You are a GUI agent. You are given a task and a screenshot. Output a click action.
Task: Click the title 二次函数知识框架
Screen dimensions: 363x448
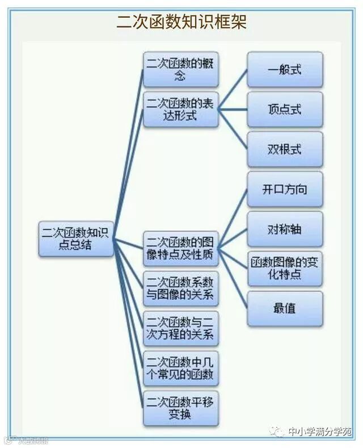point(181,22)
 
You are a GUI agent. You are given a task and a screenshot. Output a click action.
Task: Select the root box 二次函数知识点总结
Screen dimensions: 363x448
point(77,238)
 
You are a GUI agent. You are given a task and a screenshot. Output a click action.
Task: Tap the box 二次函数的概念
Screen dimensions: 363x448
point(180,69)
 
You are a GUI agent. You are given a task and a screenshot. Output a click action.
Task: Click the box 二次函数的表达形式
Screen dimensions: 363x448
point(180,109)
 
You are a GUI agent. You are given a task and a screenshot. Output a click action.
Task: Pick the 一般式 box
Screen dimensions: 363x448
point(285,69)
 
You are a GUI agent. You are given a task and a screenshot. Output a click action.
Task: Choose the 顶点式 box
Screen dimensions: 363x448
point(285,109)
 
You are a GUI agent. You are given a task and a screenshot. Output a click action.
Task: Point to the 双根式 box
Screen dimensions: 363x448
point(285,149)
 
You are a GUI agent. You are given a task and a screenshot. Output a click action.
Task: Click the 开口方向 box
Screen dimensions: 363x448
point(285,189)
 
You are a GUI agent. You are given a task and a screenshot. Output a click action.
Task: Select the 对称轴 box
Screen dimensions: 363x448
point(285,229)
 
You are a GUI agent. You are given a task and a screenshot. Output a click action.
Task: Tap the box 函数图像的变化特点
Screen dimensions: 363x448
point(285,269)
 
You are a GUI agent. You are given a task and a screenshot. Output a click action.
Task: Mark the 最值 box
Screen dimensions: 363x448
point(285,308)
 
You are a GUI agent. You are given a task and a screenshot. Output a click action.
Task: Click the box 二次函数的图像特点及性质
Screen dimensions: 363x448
point(180,248)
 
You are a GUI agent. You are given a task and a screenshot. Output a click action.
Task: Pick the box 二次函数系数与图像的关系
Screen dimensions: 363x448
point(180,288)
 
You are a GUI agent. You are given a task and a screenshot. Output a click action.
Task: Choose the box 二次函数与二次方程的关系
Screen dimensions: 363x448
point(180,328)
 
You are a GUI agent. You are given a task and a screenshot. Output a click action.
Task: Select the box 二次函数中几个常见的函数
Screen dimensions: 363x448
point(180,368)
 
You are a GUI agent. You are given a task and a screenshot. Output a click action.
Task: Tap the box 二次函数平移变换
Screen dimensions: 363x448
point(180,408)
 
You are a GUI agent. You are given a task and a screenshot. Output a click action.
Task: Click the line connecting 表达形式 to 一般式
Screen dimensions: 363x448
point(233,90)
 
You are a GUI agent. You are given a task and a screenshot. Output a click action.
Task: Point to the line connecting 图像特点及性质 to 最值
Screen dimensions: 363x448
point(233,278)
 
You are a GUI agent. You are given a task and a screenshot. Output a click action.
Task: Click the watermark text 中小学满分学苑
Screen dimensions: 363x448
point(320,432)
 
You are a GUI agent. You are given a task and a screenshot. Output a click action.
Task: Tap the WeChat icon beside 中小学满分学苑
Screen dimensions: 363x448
point(278,432)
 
